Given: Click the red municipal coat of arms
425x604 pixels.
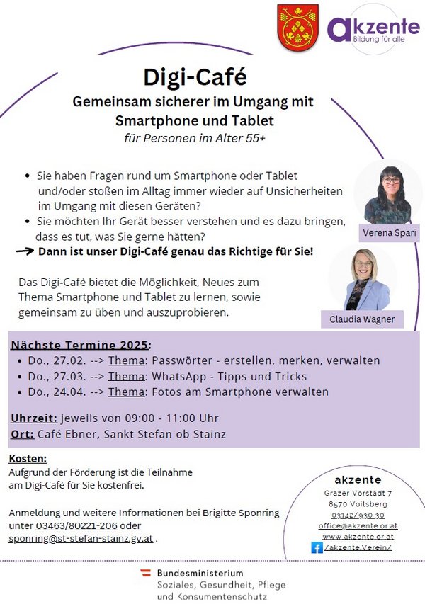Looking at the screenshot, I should pos(292,28).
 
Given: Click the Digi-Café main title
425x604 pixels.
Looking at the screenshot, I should pos(195,75).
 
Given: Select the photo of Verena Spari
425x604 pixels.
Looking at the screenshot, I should pos(387,194).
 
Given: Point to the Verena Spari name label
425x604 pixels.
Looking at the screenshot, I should pos(388,233).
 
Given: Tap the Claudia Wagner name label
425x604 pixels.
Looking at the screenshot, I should pos(362,320).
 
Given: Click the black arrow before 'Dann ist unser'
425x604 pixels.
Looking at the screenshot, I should pos(25,251).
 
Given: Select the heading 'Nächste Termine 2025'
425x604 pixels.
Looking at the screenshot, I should pos(80,345).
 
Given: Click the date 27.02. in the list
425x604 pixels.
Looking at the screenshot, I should pos(60,360).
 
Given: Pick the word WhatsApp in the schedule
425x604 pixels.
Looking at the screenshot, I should pos(181,376).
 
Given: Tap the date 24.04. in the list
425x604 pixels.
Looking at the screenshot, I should pos(60,392).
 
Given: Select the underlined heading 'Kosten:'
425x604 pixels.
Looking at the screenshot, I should pos(28,459).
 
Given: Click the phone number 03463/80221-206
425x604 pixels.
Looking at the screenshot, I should pos(76,525).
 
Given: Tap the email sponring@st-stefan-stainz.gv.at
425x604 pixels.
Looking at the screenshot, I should pos(81,539).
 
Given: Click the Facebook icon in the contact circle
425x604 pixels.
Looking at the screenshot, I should pos(317,547).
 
